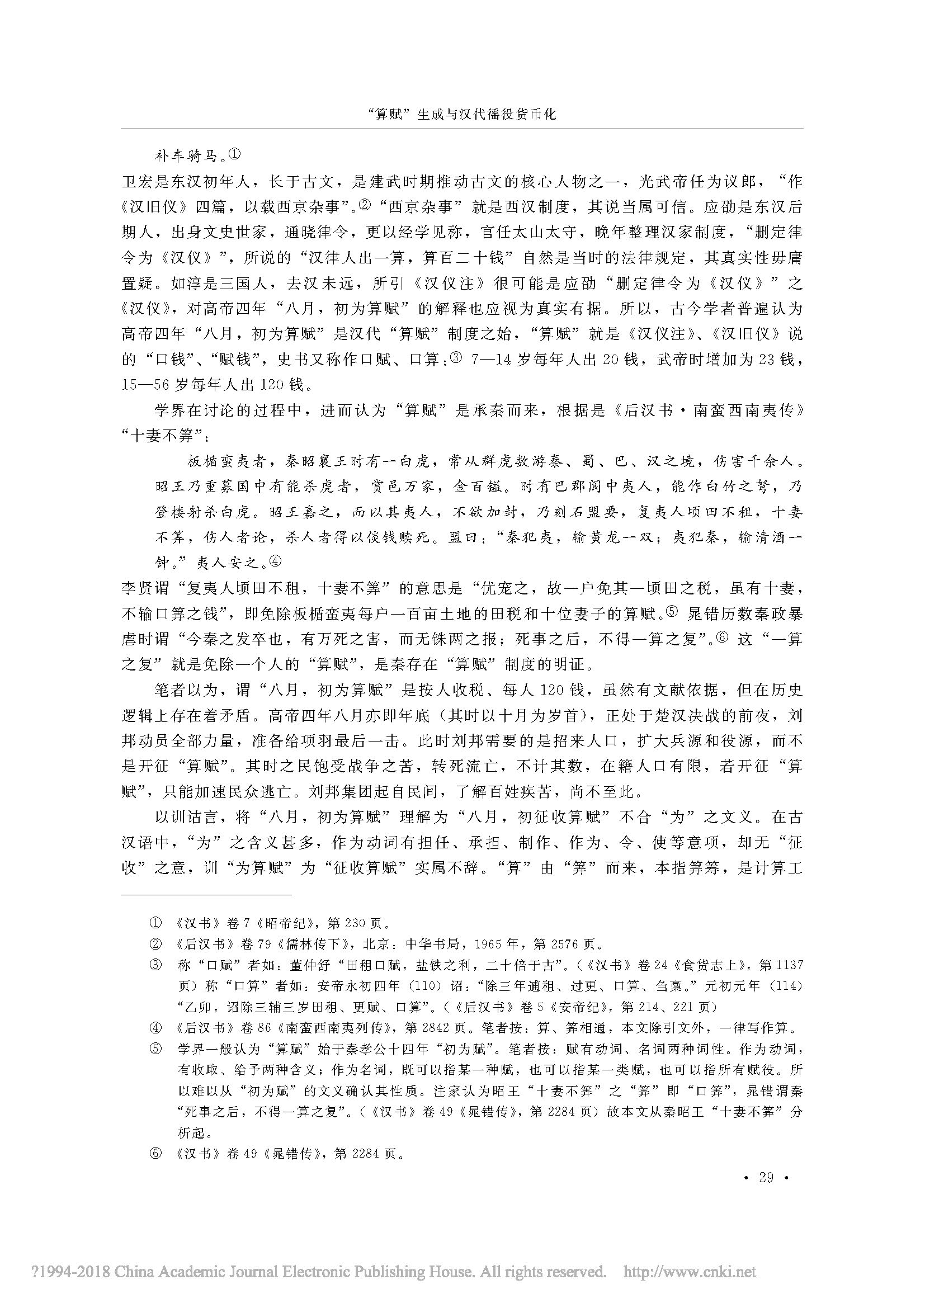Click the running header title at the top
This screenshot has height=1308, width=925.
(x=462, y=114)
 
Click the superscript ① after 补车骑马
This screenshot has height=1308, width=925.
(x=235, y=154)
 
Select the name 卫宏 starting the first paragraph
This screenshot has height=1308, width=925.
(x=134, y=182)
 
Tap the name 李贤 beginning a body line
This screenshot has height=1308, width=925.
(x=134, y=588)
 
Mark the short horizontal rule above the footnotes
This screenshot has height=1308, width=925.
(x=206, y=894)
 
